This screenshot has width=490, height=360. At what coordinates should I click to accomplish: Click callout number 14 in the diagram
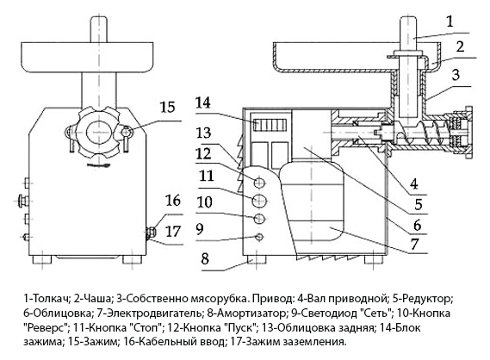(203, 103)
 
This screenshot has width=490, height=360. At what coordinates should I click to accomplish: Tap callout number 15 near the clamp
(168, 108)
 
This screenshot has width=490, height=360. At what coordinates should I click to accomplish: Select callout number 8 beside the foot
(205, 259)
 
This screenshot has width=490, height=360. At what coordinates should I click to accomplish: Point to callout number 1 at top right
(450, 22)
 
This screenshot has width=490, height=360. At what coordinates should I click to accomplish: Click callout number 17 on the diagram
(173, 232)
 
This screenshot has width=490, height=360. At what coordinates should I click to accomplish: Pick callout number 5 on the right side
(419, 204)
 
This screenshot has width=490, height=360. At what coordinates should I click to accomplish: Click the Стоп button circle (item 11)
(259, 201)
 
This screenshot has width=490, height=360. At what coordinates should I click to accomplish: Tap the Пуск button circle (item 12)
(259, 183)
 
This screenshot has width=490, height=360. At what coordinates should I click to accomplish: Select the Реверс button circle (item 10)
(259, 219)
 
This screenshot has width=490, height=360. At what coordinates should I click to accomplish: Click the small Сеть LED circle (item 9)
(259, 237)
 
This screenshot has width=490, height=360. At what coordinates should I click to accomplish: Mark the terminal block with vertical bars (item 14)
(270, 126)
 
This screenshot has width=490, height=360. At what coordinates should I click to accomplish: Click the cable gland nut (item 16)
(151, 233)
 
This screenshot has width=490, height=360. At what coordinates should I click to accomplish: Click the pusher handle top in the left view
(99, 29)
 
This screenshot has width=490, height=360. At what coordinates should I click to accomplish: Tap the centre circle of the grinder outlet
(99, 132)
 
